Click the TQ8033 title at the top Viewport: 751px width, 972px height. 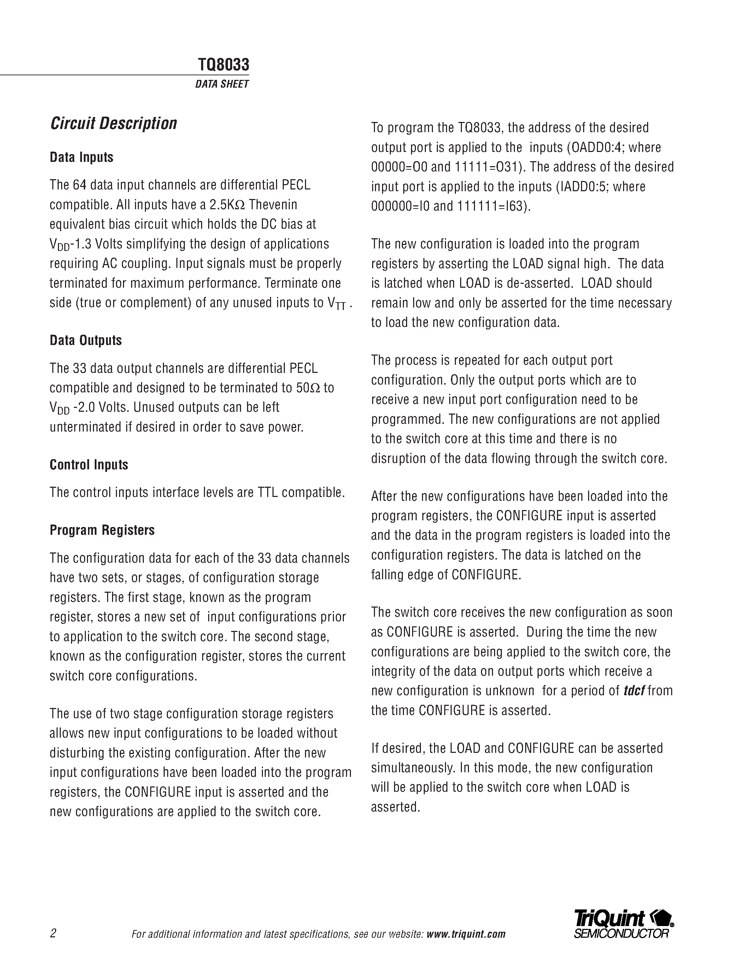[223, 65]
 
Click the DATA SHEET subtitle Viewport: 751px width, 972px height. [222, 84]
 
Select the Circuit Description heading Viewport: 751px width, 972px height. [113, 123]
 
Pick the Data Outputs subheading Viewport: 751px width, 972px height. [86, 340]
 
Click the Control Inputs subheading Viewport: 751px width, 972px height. [89, 465]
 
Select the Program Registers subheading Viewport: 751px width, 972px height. [102, 530]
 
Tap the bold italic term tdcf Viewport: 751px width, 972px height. [634, 691]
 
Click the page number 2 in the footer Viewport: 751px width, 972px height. [53, 933]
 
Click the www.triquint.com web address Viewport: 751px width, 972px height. [466, 934]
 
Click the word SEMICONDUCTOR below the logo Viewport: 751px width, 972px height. [621, 934]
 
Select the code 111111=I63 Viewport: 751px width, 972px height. [490, 206]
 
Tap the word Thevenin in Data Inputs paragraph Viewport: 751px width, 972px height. [273, 205]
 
